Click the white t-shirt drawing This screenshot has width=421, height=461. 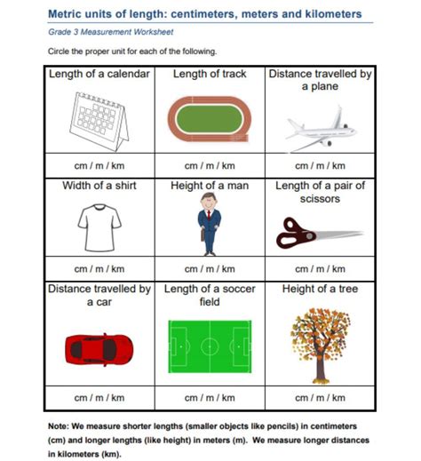(x=99, y=227)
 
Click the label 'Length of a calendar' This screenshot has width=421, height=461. (x=99, y=75)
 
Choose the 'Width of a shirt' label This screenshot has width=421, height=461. (x=99, y=187)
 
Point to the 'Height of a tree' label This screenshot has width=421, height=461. (x=319, y=289)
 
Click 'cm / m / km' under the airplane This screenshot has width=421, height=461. (x=319, y=165)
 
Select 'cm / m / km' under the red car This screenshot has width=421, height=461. (x=99, y=396)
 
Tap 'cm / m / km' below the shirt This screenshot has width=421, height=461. (x=99, y=268)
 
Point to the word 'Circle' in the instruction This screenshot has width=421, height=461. (x=60, y=52)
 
